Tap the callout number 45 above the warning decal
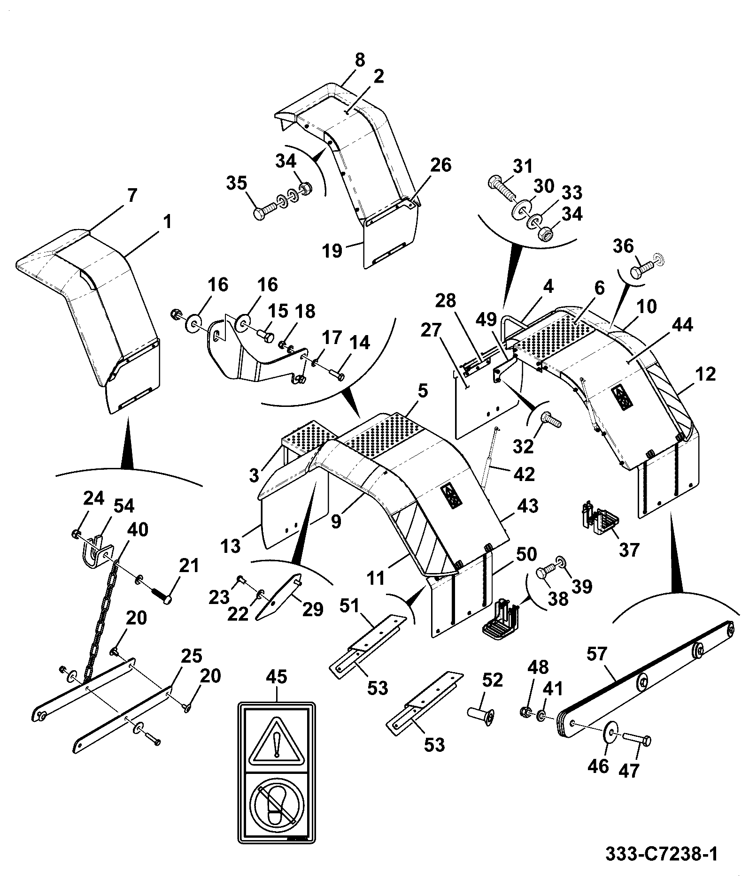pos(278,689)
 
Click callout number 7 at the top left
pos(132,196)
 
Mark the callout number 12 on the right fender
pos(705,374)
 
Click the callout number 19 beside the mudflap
pos(332,251)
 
